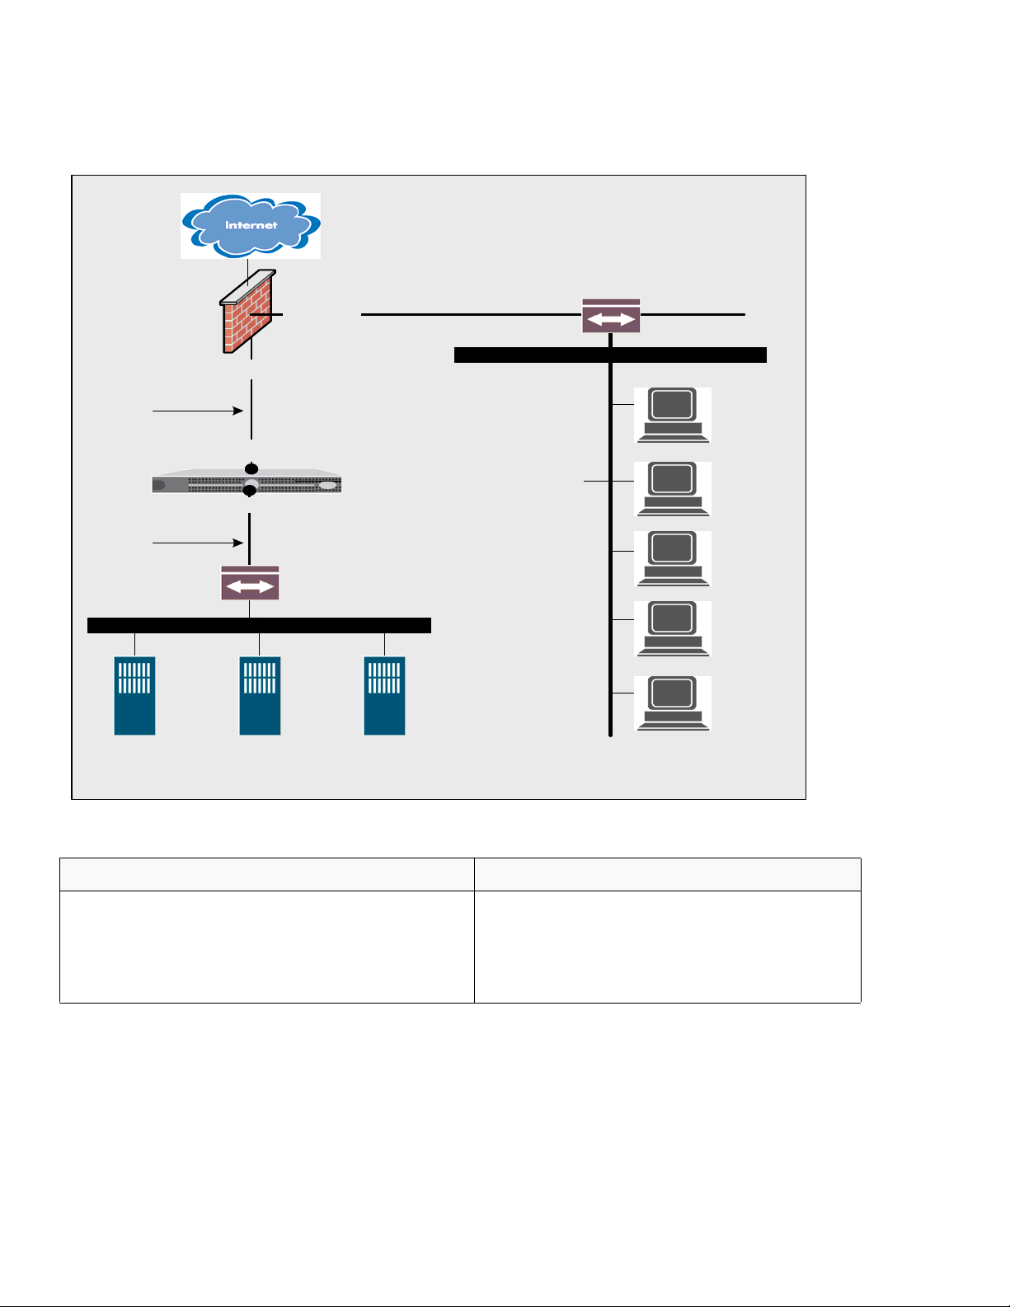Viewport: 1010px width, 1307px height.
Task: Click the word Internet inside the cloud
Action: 251,225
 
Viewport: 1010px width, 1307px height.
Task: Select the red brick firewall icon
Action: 247,313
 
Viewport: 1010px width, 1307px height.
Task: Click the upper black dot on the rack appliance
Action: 251,469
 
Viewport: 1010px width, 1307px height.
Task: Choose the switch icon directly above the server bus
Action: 250,583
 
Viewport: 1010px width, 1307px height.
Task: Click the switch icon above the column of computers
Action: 611,316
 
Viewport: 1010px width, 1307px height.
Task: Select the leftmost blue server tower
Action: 134,695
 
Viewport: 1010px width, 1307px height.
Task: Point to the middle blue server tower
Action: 260,695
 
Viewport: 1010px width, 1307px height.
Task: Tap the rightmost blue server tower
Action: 384,695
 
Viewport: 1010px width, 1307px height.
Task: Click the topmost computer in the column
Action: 672,415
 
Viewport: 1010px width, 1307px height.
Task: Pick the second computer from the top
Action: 672,489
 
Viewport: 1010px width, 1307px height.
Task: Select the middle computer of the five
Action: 672,558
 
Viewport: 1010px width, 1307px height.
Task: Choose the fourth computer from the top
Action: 672,628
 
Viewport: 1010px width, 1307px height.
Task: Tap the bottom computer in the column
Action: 672,703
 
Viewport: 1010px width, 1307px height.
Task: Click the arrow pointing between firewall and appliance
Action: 198,410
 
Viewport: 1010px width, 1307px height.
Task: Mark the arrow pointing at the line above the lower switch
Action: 198,543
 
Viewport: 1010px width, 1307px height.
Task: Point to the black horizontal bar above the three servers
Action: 259,625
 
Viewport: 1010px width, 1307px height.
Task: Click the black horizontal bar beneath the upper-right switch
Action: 610,355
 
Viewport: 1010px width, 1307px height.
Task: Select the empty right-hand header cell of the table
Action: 667,874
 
